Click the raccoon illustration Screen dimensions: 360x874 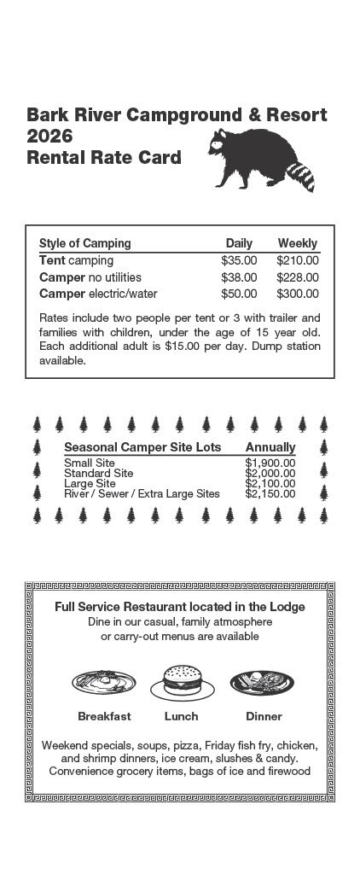pos(260,160)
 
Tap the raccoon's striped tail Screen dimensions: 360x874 pos(301,175)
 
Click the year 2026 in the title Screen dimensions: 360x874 pos(49,137)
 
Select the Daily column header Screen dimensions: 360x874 pos(239,243)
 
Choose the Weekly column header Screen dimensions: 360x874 pos(297,243)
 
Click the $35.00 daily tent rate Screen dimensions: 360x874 pos(239,260)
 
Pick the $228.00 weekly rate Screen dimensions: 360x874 pos(297,277)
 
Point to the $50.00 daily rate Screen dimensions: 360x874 pos(239,294)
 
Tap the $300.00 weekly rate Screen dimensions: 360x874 pos(297,294)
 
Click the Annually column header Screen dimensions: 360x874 pos(270,447)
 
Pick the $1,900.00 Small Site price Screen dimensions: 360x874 pos(270,463)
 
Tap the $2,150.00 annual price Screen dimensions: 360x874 pos(270,493)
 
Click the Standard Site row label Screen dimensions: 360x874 pos(98,473)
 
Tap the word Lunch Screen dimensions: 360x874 pos(181,716)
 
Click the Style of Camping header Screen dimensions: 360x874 pos(85,243)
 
